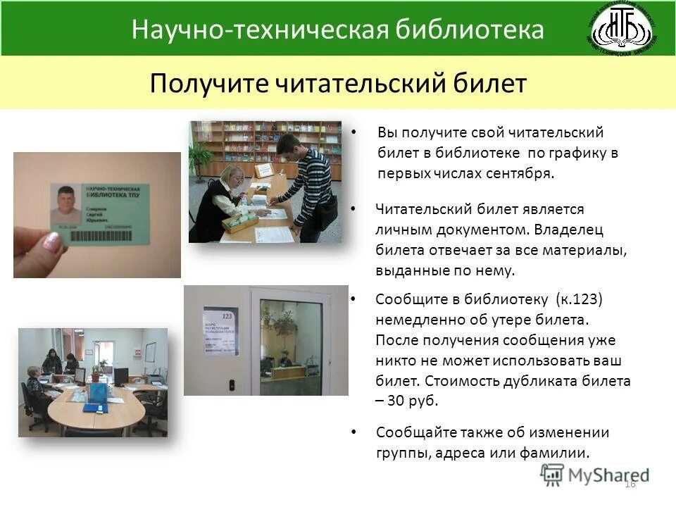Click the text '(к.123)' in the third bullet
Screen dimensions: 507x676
[579, 299]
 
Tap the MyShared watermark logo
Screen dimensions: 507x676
[594, 475]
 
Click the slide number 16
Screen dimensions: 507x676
[630, 483]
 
